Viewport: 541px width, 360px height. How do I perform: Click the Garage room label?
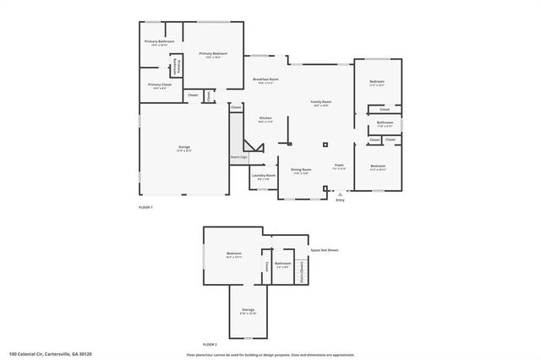tap(184, 148)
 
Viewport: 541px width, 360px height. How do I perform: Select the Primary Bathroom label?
tap(159, 41)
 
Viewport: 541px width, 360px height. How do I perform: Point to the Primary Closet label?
tap(159, 85)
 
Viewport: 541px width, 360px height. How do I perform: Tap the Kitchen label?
tap(265, 118)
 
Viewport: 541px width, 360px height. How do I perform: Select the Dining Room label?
tap(302, 169)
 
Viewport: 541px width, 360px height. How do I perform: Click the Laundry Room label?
tap(264, 176)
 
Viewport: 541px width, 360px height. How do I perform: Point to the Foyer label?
tap(339, 166)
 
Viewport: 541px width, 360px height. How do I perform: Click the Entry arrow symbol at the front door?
tap(341, 194)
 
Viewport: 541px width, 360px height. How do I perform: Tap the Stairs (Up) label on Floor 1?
tap(238, 156)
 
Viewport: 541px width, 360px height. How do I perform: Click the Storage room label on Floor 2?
tap(248, 310)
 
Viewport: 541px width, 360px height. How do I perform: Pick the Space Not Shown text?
tap(325, 250)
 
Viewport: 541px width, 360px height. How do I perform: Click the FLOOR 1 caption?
tap(145, 207)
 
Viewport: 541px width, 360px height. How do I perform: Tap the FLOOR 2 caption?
tap(210, 345)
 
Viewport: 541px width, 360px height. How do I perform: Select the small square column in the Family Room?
tap(325, 140)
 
